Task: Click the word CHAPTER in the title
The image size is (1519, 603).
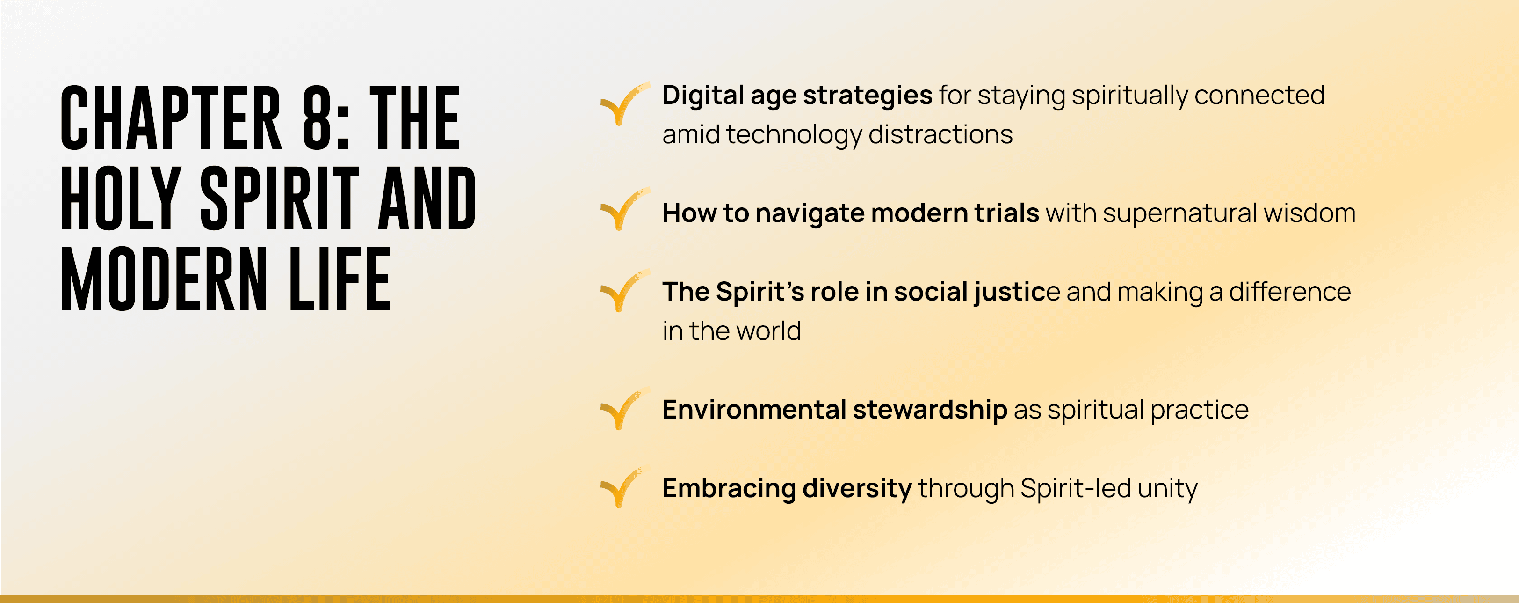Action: click(171, 118)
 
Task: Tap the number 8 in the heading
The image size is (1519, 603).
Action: click(317, 118)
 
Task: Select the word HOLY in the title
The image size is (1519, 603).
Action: click(121, 198)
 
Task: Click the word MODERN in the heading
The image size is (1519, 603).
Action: click(165, 279)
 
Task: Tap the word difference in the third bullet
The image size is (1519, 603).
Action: click(1290, 292)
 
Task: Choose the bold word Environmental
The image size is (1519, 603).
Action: click(754, 410)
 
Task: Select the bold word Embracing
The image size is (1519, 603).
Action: click(730, 489)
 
